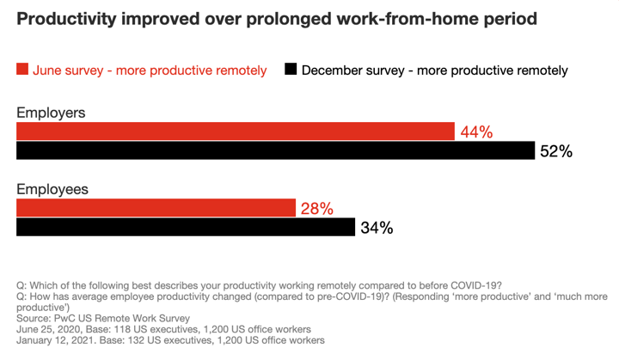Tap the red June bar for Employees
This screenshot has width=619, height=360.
coord(156,208)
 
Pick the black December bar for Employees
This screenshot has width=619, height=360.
coord(186,228)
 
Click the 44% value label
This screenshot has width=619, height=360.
coord(476,131)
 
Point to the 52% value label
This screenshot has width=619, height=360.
coord(556,152)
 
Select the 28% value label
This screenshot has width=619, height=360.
coord(316,208)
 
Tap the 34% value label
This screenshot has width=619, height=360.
coord(377,228)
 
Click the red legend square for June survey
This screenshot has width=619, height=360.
coord(22,70)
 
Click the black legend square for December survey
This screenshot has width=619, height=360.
coord(291,70)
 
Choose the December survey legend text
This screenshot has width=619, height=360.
coord(434,70)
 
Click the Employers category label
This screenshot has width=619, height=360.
coord(51,113)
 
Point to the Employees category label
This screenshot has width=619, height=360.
coord(52,189)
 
